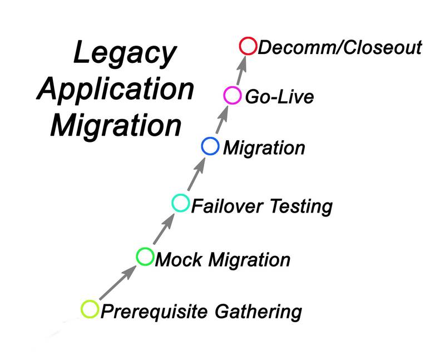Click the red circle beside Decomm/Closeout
pos(248,46)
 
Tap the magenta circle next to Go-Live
pos(231,96)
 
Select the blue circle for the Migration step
pos(210,146)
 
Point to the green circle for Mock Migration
pos(145,257)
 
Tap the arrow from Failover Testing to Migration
pos(195,175)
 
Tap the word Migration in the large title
pos(116,126)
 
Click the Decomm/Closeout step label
pos(340,47)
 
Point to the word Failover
pos(227,206)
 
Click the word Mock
pos(176,259)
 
